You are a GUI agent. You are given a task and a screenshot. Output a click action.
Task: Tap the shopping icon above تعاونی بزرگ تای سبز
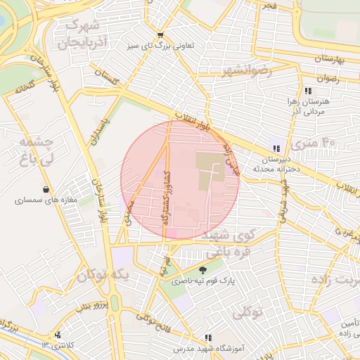(161, 34)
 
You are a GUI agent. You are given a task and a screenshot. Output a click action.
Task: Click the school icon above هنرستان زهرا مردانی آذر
(308, 91)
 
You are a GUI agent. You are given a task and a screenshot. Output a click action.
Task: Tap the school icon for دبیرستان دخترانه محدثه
(276, 148)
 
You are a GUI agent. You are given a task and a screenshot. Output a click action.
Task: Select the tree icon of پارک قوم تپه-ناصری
(203, 270)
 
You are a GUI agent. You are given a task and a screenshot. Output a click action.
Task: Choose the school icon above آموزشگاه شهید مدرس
(207, 337)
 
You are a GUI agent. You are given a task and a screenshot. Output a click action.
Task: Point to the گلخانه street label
(25, 90)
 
